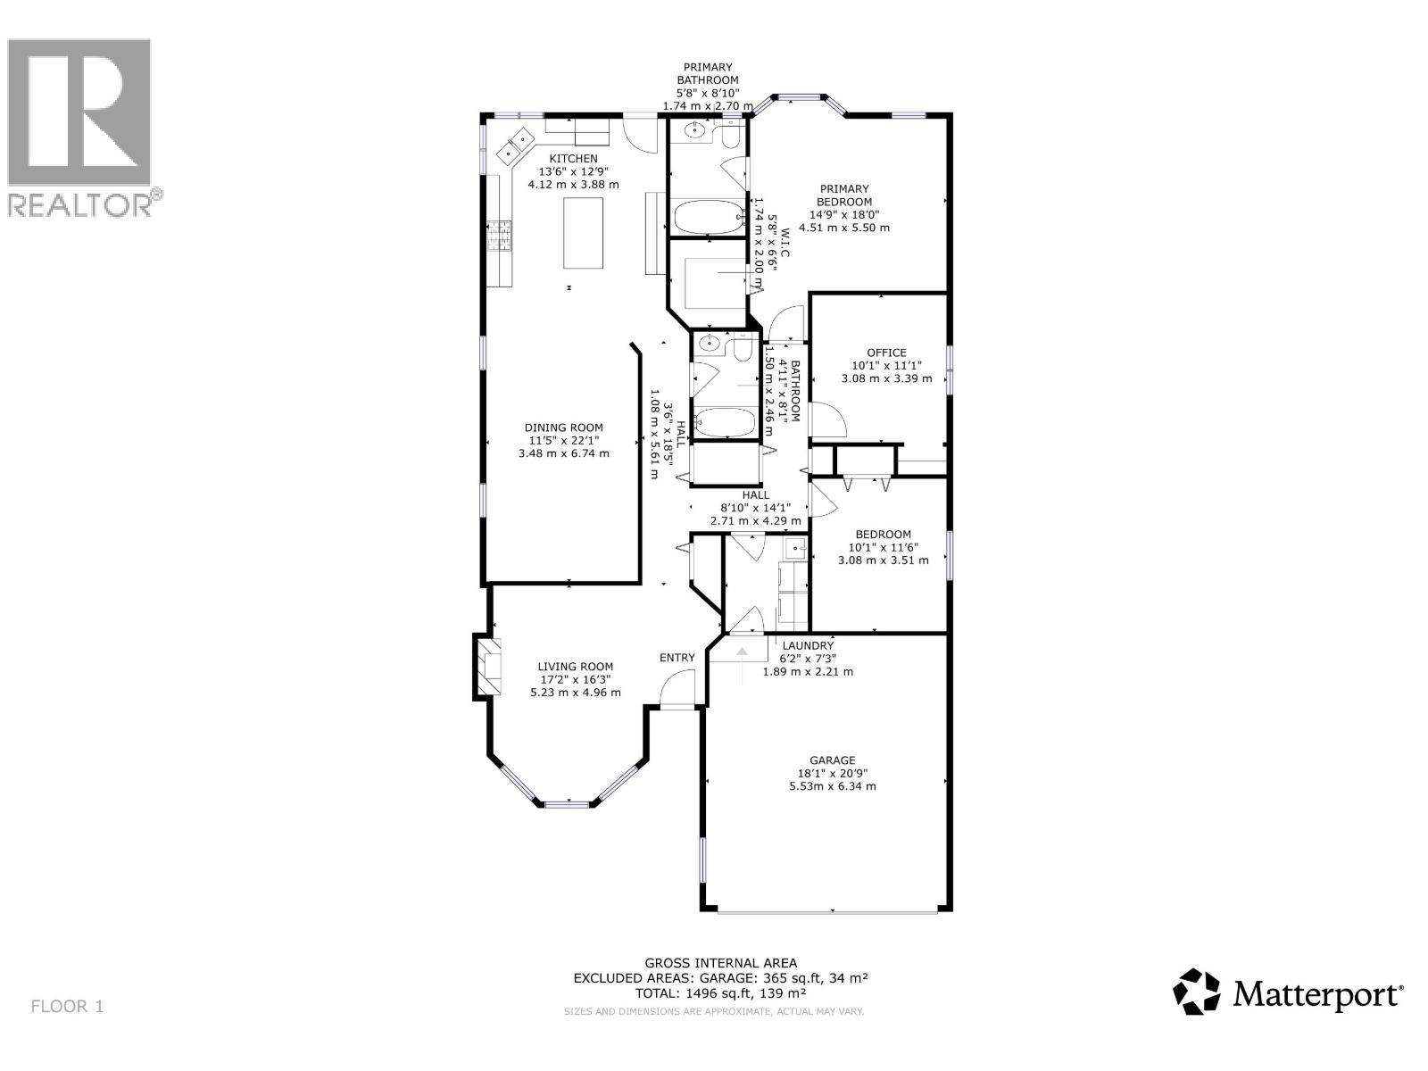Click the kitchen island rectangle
pyautogui.click(x=583, y=233)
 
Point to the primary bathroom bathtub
pyautogui.click(x=708, y=216)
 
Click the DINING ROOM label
pyautogui.click(x=563, y=428)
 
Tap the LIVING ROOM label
pyautogui.click(x=575, y=666)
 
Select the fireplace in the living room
pyautogui.click(x=488, y=666)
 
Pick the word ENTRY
pyautogui.click(x=677, y=658)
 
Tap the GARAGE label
pyautogui.click(x=832, y=760)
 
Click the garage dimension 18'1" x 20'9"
pyautogui.click(x=832, y=774)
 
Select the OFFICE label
pyautogui.click(x=886, y=353)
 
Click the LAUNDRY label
pyautogui.click(x=808, y=645)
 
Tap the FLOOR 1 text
pyautogui.click(x=68, y=1006)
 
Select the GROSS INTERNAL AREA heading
pyautogui.click(x=720, y=962)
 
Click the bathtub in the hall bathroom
pyautogui.click(x=725, y=422)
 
